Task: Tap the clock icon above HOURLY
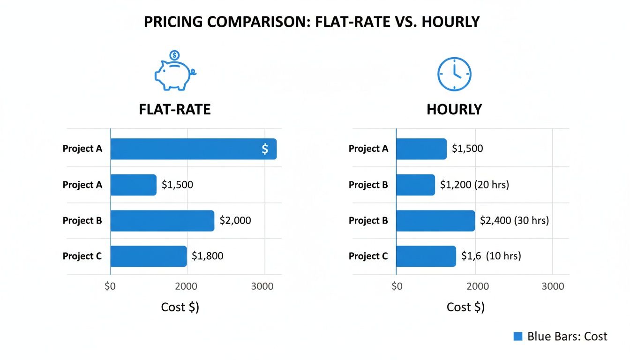(x=454, y=74)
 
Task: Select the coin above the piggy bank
(x=174, y=55)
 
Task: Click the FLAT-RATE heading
(x=174, y=109)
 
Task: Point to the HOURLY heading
(x=454, y=109)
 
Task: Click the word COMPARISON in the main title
(x=247, y=22)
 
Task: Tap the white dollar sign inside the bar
(x=265, y=149)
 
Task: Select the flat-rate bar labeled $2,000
(x=162, y=220)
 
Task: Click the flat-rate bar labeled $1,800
(x=149, y=256)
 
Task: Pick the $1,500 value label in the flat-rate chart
(x=177, y=185)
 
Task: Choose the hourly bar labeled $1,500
(x=421, y=149)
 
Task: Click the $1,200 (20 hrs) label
(x=474, y=185)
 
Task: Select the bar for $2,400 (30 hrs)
(x=435, y=220)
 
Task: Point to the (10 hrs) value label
(x=503, y=256)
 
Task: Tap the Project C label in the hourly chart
(x=368, y=256)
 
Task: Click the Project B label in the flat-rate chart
(x=82, y=220)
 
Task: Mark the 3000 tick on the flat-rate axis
(x=262, y=286)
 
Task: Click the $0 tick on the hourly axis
(x=397, y=286)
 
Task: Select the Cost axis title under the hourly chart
(x=465, y=307)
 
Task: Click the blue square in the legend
(x=517, y=336)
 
